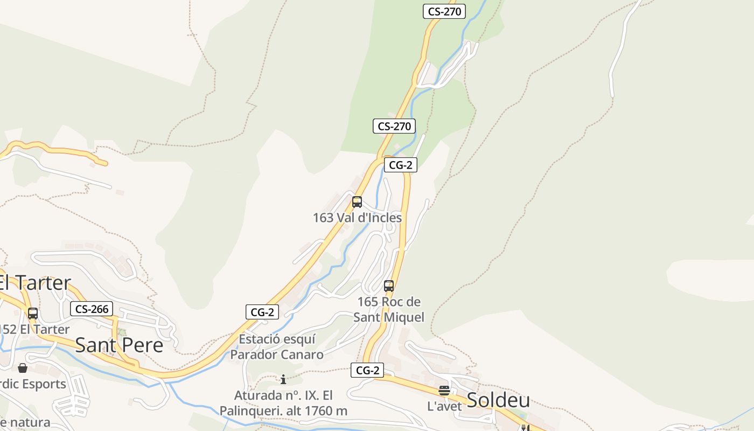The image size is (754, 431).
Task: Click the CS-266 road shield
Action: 91,309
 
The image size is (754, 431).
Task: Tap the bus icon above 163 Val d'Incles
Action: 357,203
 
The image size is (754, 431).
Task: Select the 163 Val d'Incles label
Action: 357,218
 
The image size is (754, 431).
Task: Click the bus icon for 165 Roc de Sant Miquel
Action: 389,286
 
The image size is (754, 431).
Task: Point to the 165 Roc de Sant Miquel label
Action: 389,309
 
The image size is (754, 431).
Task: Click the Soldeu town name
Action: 498,400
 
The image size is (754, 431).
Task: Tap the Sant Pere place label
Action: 119,345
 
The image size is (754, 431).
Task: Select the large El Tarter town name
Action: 36,282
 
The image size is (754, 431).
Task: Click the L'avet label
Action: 444,406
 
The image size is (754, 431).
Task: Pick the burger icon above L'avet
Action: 444,391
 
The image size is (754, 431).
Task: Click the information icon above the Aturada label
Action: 283,379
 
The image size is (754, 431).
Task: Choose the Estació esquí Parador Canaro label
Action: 277,347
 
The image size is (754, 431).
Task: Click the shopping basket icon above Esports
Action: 23,368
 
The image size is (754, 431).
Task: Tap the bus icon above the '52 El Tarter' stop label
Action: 33,314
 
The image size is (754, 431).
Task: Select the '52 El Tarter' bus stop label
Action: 36,329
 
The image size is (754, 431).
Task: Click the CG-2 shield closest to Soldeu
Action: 367,370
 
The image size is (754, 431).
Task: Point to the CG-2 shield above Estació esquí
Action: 262,311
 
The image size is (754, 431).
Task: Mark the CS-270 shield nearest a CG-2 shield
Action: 394,126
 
